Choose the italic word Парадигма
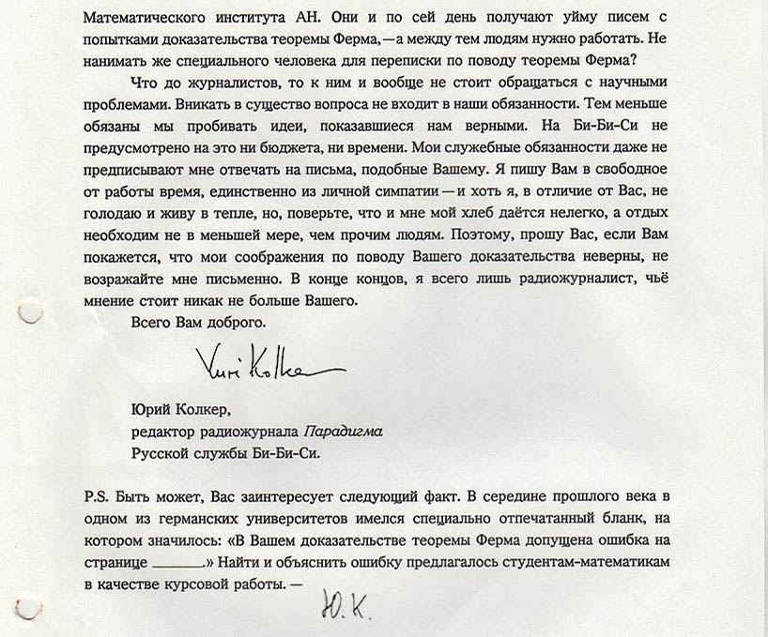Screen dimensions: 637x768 pyautogui.click(x=343, y=433)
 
